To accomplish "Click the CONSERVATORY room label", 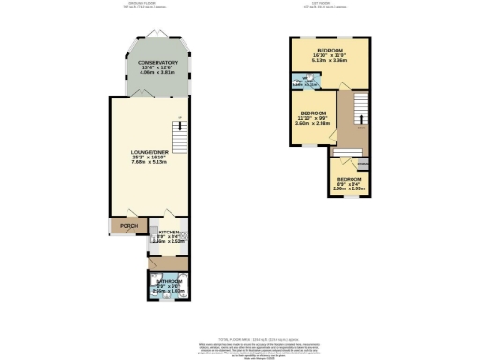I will pyautogui.click(x=151, y=63).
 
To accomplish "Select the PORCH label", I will pyautogui.click(x=123, y=226).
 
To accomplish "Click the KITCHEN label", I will pyautogui.click(x=169, y=231).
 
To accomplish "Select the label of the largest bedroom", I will pyautogui.click(x=329, y=50).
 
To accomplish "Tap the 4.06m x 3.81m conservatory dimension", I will pyautogui.click(x=151, y=74).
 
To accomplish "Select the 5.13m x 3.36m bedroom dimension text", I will pyautogui.click(x=329, y=61).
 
